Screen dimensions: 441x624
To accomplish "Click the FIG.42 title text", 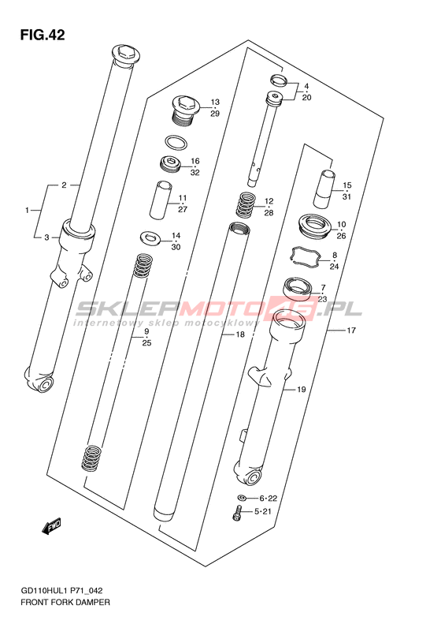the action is [x=43, y=35].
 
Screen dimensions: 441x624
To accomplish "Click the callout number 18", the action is [x=240, y=334].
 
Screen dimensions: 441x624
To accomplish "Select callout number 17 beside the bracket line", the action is [x=350, y=331].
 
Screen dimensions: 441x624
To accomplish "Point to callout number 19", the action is [x=301, y=389].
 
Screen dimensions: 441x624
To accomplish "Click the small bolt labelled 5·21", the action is [x=237, y=512].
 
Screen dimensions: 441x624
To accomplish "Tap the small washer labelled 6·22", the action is [x=242, y=498].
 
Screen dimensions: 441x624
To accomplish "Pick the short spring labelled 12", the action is [x=246, y=204].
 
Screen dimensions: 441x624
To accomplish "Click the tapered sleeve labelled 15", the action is [x=325, y=189].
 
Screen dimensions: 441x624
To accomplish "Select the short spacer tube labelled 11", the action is [x=161, y=200].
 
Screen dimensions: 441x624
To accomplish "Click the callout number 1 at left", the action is [x=27, y=210].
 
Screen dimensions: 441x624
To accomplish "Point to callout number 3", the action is [x=46, y=237].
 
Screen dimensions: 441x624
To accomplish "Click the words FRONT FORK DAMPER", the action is [x=65, y=602].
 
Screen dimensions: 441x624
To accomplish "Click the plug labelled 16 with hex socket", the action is [x=170, y=164].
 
